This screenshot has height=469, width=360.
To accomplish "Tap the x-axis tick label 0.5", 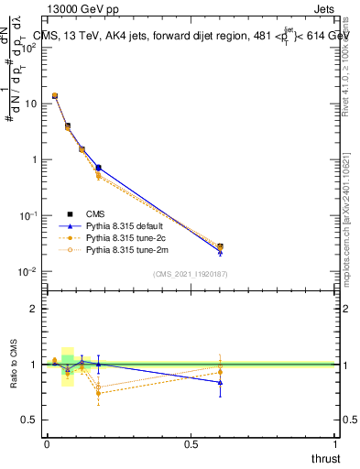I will pyautogui.click(x=191, y=442).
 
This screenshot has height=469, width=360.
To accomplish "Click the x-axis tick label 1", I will pyautogui.click(x=335, y=442).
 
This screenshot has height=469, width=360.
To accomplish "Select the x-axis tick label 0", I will pyautogui.click(x=46, y=442).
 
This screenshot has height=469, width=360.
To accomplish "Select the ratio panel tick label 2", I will pyautogui.click(x=33, y=309).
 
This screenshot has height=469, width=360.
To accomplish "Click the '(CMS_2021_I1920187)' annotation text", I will pyautogui.click(x=190, y=274).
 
